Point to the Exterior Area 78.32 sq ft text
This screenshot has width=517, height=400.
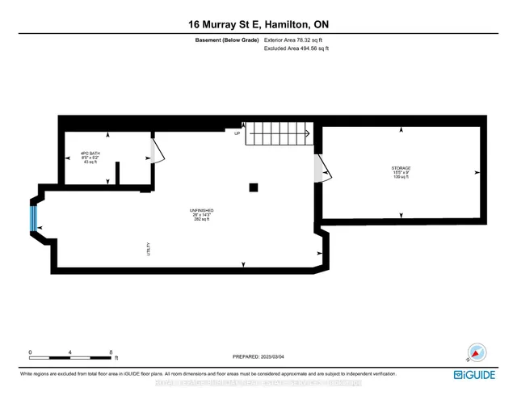click(296, 40)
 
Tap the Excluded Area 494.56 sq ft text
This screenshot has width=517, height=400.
click(296, 48)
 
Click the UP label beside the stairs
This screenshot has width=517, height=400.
click(238, 133)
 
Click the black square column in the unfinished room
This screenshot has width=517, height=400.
click(254, 187)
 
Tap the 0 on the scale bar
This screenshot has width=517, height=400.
click(30, 352)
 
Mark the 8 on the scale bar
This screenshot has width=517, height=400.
click(110, 352)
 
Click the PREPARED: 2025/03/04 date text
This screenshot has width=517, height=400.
click(258, 356)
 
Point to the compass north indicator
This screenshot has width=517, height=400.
click(477, 352)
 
